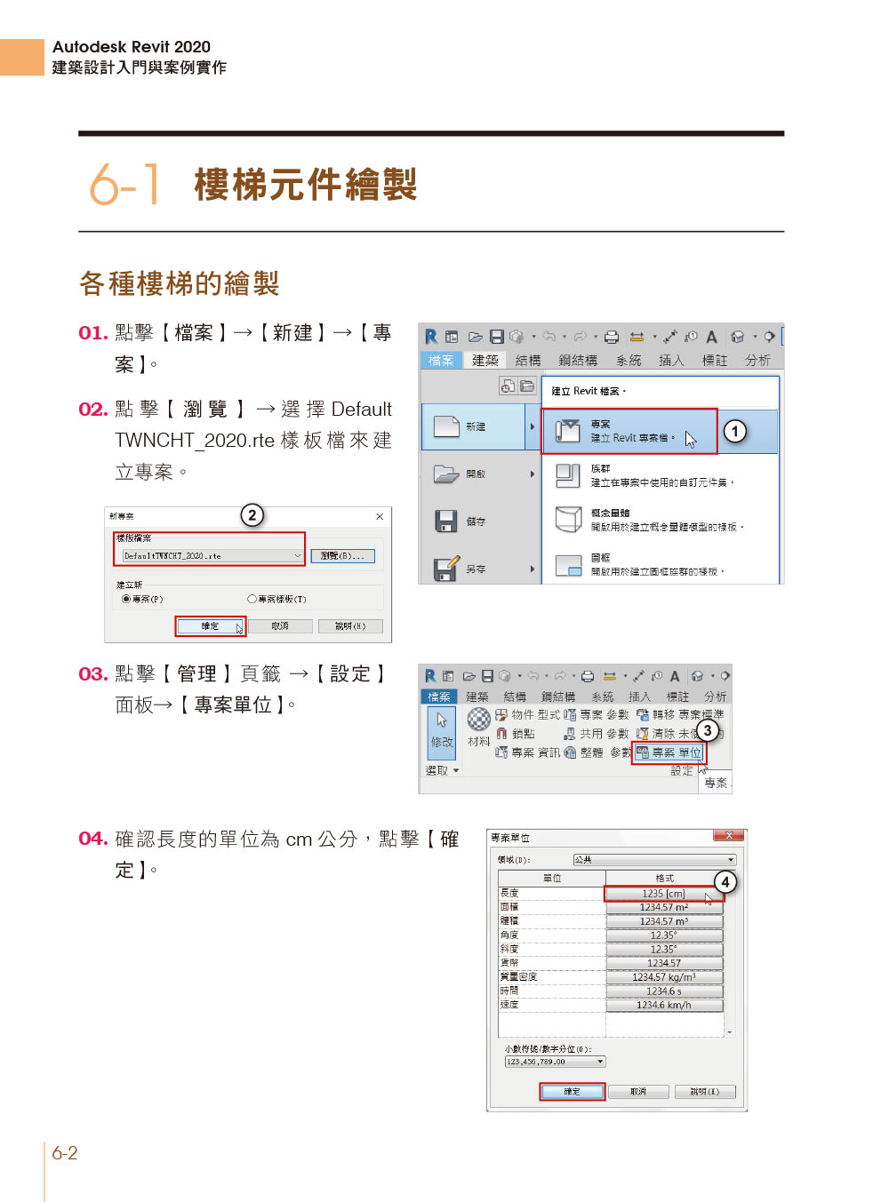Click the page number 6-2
click(65, 1153)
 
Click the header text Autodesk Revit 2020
click(132, 47)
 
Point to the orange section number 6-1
click(124, 185)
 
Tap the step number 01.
click(92, 333)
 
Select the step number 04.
click(92, 839)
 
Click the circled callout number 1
click(734, 432)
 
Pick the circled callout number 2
click(252, 515)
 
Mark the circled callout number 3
click(707, 730)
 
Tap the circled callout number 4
click(725, 881)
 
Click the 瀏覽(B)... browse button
click(342, 556)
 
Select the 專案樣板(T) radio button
click(252, 600)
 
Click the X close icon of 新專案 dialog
click(380, 516)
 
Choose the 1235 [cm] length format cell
click(663, 894)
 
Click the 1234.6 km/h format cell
click(663, 1005)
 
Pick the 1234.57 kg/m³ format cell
click(663, 977)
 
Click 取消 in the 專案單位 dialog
click(638, 1092)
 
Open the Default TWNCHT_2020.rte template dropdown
click(297, 556)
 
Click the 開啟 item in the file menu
click(476, 474)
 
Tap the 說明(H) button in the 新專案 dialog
click(350, 626)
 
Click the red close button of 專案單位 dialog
click(729, 836)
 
